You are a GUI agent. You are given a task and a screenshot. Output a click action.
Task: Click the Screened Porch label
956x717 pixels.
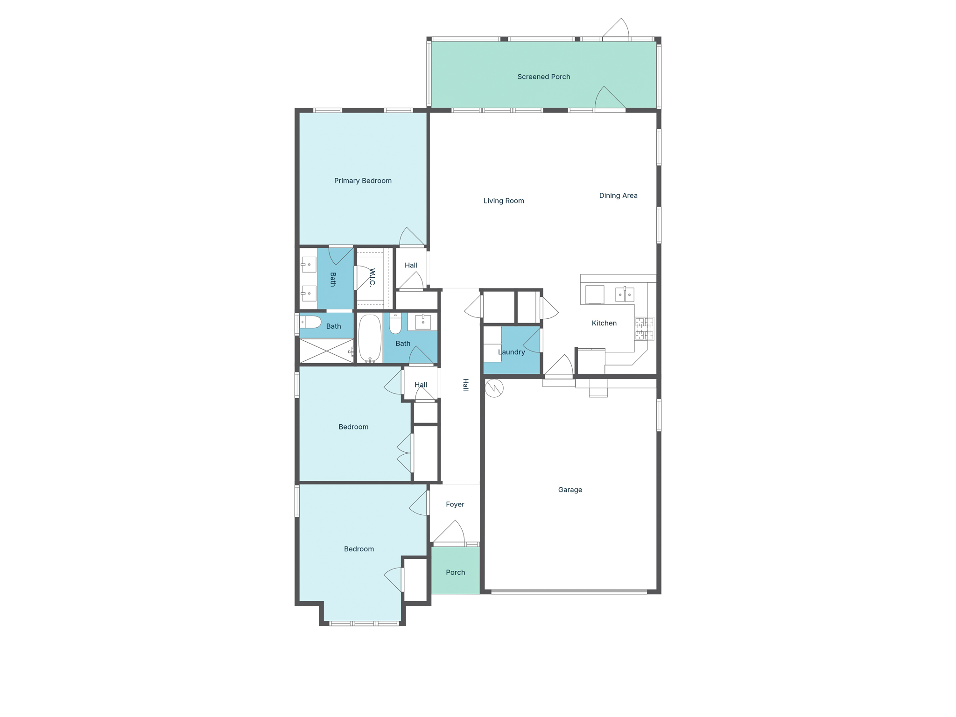point(543,77)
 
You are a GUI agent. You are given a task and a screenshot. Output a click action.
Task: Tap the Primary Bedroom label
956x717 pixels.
point(363,181)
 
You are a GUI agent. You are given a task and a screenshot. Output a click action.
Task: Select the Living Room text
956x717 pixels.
point(504,201)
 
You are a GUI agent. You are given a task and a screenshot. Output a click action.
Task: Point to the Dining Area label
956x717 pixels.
point(618,196)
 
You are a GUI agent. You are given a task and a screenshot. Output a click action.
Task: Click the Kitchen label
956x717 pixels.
point(604,323)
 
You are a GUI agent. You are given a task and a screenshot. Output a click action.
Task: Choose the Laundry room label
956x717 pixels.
point(511,352)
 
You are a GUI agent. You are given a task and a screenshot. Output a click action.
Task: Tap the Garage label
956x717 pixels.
point(570,490)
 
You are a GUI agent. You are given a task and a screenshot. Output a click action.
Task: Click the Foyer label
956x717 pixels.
point(455,504)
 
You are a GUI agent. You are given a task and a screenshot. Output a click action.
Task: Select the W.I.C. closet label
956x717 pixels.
point(372,277)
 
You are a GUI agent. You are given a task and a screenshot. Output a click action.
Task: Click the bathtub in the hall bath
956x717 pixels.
point(370,338)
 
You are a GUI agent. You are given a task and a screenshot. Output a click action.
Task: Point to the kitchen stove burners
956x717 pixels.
point(644,329)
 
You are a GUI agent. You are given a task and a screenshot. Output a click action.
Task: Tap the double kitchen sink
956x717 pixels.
point(625,295)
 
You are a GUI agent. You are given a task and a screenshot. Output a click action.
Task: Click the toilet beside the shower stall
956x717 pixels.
point(310,322)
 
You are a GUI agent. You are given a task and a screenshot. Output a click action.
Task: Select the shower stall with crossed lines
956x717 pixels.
point(326,351)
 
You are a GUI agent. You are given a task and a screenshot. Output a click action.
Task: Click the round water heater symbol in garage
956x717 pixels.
point(494,388)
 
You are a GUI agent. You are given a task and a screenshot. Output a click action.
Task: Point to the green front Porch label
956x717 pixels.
point(455,572)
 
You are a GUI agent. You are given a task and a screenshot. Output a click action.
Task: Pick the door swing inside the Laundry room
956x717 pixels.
point(533,341)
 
